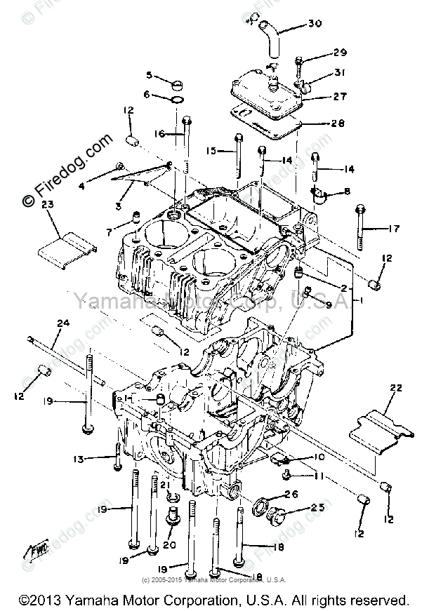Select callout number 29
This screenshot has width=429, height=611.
point(340,53)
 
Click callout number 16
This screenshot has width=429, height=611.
point(159,133)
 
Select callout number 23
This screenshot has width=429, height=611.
point(48,206)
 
